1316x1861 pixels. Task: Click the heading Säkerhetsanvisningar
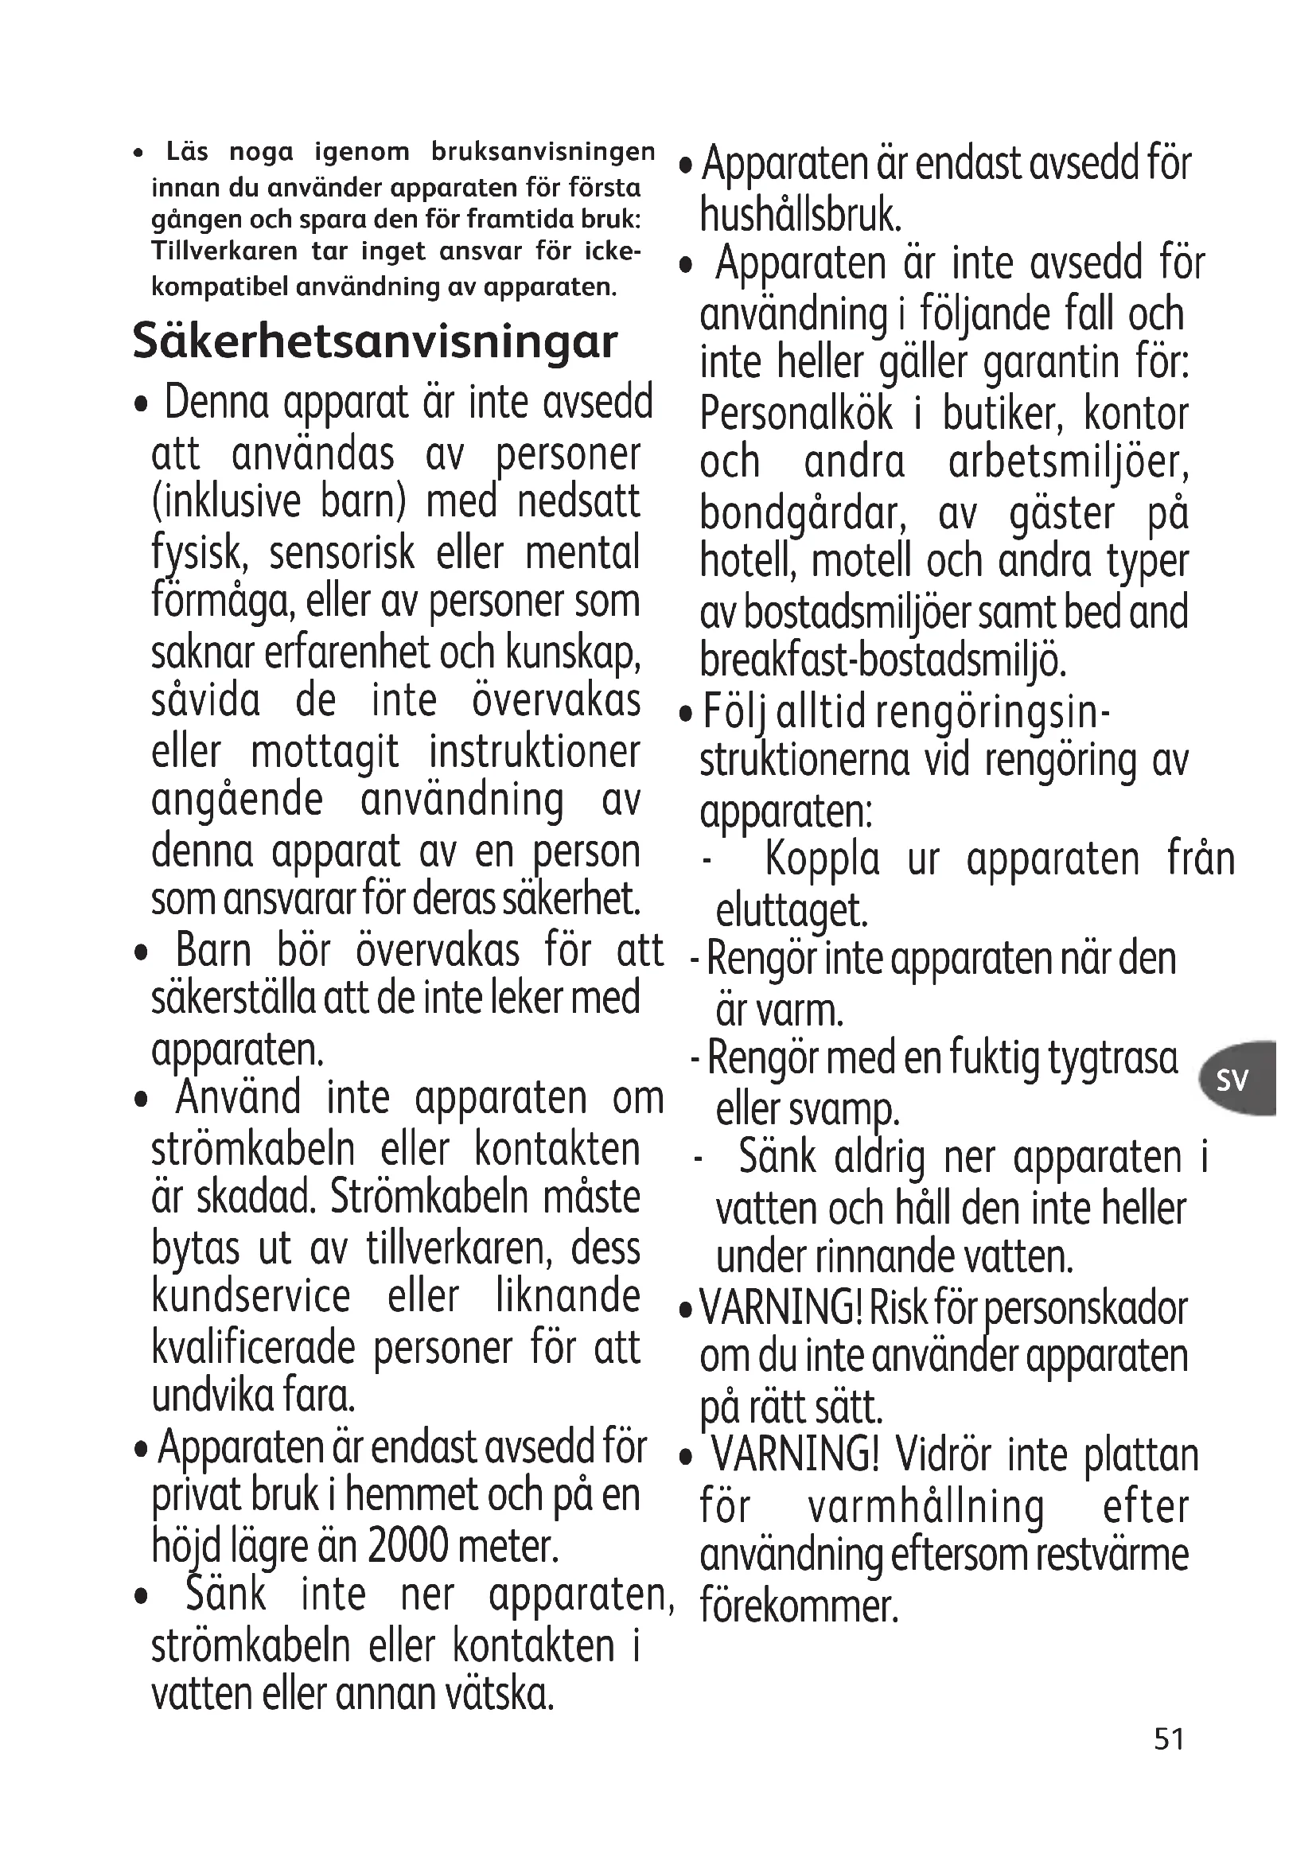pyautogui.click(x=375, y=341)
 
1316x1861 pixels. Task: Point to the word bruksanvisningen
pyautogui.click(x=543, y=152)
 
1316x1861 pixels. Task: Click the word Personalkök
pyautogui.click(x=796, y=414)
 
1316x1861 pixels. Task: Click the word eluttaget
pyautogui.click(x=792, y=910)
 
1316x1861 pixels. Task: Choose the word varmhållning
pyautogui.click(x=925, y=1507)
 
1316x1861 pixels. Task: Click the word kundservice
pyautogui.click(x=251, y=1295)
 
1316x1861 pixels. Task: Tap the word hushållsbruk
pyautogui.click(x=800, y=215)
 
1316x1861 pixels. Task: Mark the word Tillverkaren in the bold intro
pyautogui.click(x=224, y=251)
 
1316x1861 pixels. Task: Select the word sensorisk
pyautogui.click(x=342, y=553)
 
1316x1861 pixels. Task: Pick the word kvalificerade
pyautogui.click(x=253, y=1348)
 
